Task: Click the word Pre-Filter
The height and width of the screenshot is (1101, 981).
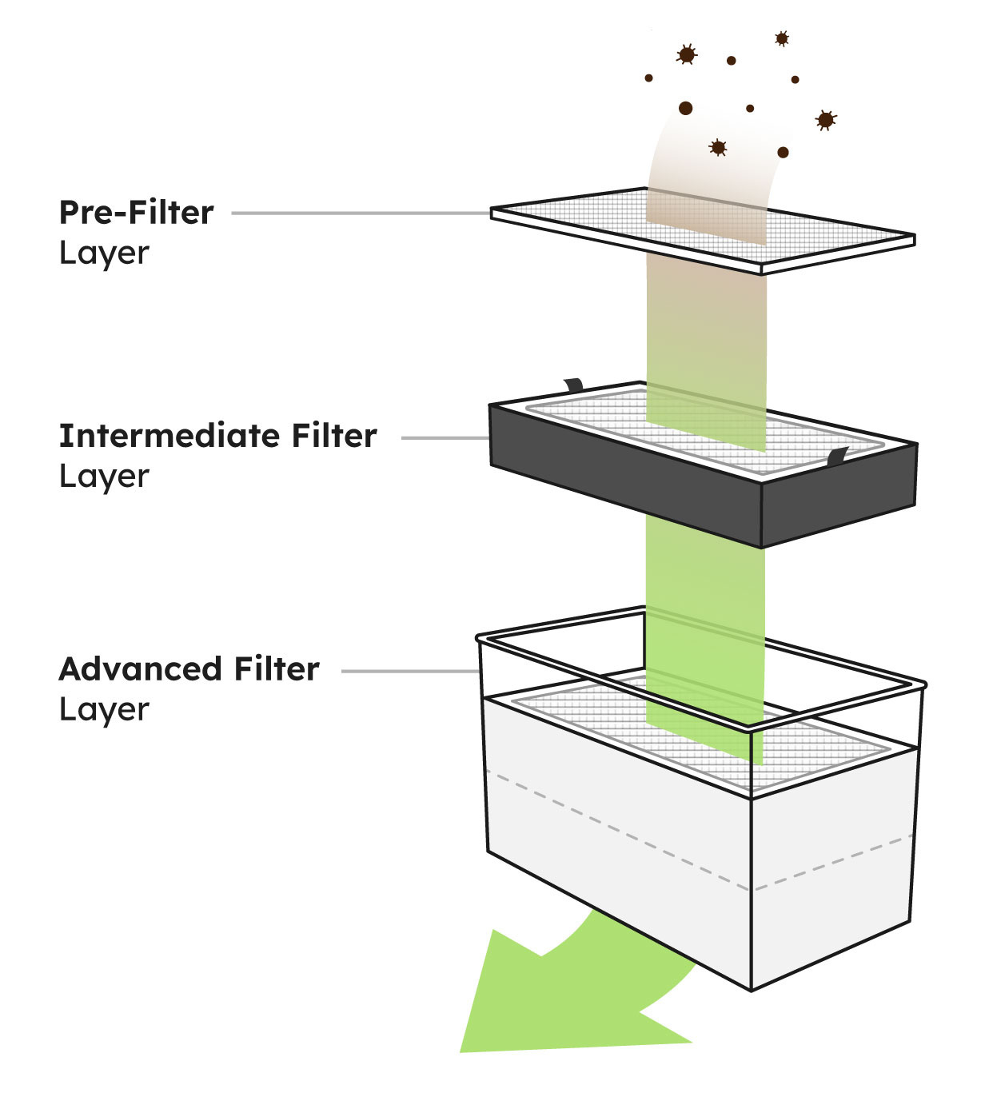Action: [136, 213]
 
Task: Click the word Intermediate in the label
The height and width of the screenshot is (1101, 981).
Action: [167, 436]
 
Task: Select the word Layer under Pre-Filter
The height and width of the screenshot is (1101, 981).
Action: [104, 253]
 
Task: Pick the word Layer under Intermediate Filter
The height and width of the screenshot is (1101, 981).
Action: [104, 477]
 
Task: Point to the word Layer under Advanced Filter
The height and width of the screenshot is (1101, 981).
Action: [104, 710]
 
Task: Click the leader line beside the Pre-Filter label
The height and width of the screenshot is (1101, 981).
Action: [360, 213]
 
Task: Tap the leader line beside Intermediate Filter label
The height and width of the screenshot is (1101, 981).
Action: [445, 438]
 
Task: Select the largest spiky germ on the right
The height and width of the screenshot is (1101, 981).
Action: [826, 120]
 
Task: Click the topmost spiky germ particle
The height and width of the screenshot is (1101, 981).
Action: [782, 38]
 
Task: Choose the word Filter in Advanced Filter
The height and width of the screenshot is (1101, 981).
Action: [277, 669]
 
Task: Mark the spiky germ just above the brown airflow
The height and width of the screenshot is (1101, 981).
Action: [718, 147]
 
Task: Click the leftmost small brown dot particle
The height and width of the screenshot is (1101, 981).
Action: [648, 78]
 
